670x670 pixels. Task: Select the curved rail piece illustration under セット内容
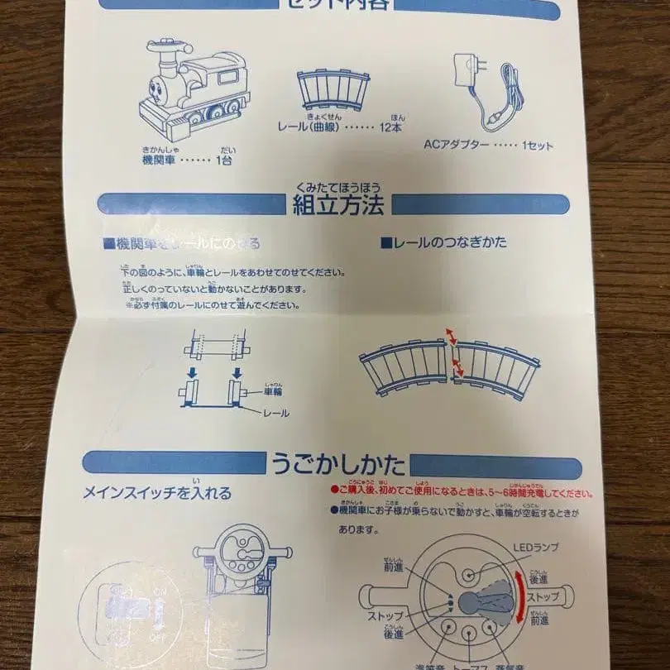click(x=333, y=89)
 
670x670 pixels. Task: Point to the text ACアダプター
click(x=455, y=145)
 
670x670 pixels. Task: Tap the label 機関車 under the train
click(x=160, y=159)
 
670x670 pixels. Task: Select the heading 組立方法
click(x=338, y=205)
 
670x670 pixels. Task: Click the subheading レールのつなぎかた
click(x=443, y=243)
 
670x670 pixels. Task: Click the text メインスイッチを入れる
click(x=157, y=494)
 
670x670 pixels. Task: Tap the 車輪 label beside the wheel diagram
click(x=273, y=393)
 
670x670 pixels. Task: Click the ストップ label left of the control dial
click(x=385, y=616)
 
